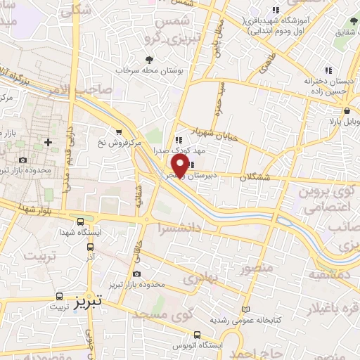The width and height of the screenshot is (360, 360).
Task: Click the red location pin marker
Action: [x=180, y=164]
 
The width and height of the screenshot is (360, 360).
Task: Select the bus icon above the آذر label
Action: [x=90, y=247]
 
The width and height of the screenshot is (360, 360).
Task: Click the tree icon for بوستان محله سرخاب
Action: [x=148, y=60]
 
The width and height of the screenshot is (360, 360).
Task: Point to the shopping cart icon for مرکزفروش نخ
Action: [x=119, y=131]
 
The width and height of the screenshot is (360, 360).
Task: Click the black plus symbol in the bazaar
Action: [x=48, y=142]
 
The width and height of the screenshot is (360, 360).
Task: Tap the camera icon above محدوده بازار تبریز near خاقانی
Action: [x=136, y=274]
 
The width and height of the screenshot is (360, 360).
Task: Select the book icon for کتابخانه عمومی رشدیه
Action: [x=245, y=309]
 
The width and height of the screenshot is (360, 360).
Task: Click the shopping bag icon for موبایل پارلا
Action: [x=347, y=111]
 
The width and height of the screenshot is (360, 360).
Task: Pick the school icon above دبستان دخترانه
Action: [x=328, y=70]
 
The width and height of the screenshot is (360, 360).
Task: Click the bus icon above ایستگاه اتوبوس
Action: [x=197, y=335]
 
